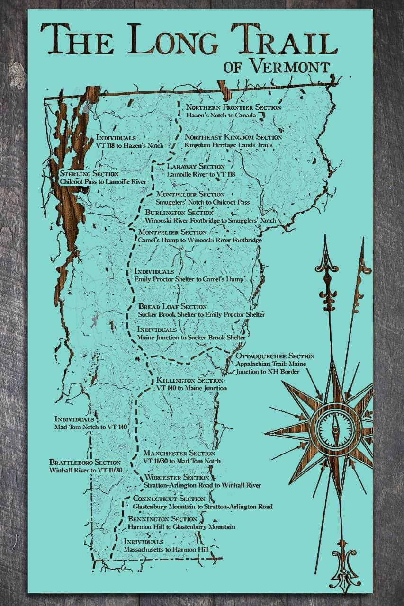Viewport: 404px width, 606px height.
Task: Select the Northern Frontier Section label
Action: tap(233, 107)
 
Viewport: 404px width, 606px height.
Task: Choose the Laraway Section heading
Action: tap(196, 167)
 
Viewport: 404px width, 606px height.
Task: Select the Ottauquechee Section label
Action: tap(268, 356)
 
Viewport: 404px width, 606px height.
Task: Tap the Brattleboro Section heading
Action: tap(84, 463)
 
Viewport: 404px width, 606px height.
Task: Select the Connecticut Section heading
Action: tap(169, 499)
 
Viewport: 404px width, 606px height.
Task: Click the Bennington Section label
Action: tap(162, 519)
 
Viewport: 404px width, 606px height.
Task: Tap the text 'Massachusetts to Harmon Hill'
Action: tap(167, 549)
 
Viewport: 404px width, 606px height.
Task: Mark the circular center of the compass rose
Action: tap(335, 430)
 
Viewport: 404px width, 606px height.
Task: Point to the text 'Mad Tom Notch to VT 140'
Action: tap(90, 427)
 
